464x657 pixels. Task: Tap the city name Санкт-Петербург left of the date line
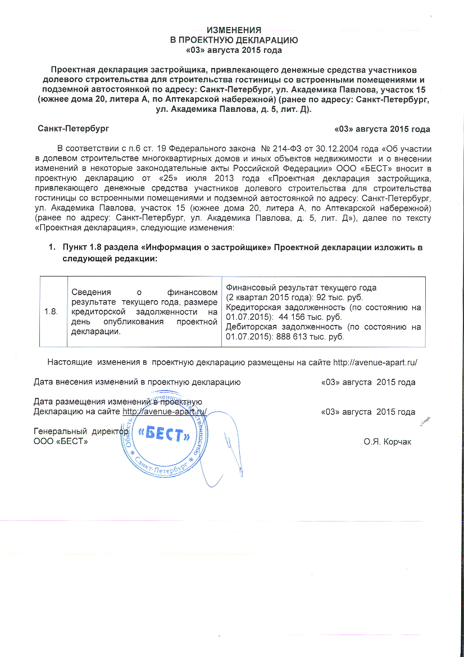pyautogui.click(x=73, y=129)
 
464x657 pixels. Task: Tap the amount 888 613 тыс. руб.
pyautogui.click(x=312, y=337)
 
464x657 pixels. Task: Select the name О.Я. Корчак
pyautogui.click(x=388, y=442)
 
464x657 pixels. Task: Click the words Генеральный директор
pyautogui.click(x=81, y=432)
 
